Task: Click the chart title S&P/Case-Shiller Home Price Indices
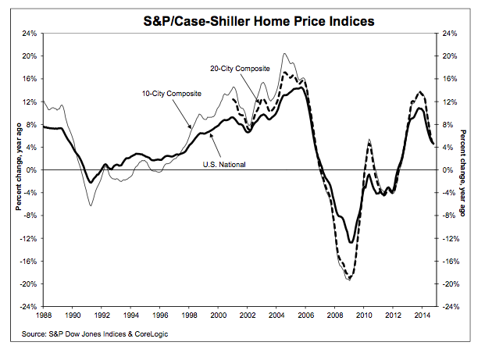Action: coord(242,19)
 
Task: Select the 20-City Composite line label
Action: coord(240,68)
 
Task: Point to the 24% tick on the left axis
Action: coord(30,34)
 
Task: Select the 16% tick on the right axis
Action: coord(446,79)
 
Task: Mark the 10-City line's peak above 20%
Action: coord(285,54)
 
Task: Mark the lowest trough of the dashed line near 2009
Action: coord(349,280)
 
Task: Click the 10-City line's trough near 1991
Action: coord(91,205)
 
